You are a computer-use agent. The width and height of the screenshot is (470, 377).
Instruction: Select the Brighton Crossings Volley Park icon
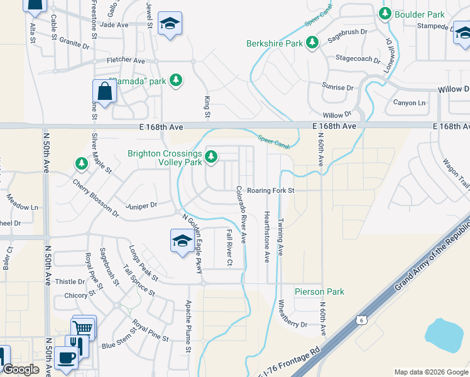(212, 156)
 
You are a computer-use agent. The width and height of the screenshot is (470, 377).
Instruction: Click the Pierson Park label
(320, 292)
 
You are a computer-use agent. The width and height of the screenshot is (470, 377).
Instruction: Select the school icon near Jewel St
(170, 24)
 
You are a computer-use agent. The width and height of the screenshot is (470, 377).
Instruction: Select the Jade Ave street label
(114, 25)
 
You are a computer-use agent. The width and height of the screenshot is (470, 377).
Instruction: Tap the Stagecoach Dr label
(358, 58)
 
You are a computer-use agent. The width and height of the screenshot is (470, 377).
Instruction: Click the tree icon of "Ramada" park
(177, 80)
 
